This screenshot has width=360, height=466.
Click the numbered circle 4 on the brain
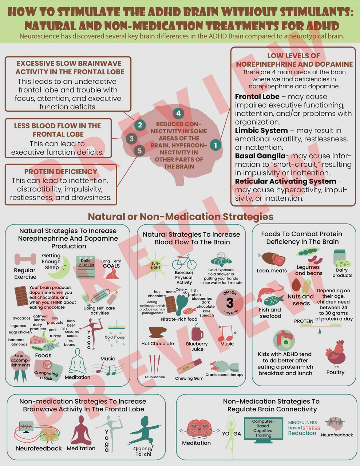(x=178, y=113)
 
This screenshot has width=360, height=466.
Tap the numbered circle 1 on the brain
(x=215, y=145)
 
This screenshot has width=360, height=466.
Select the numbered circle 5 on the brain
(x=139, y=150)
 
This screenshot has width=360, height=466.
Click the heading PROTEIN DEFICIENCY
(x=61, y=171)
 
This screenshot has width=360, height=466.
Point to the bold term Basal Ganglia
(x=260, y=156)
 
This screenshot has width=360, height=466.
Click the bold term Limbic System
(x=261, y=130)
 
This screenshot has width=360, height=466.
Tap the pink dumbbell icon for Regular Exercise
(x=25, y=259)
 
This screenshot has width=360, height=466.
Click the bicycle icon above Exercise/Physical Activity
(x=184, y=262)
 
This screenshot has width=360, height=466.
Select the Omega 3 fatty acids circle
(x=230, y=302)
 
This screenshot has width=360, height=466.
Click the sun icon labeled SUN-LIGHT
(x=155, y=265)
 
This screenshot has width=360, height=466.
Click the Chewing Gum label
(x=189, y=378)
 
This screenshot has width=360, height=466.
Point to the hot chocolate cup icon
(x=157, y=332)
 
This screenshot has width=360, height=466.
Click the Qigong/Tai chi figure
(x=143, y=431)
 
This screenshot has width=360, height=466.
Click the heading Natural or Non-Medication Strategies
(x=181, y=217)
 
